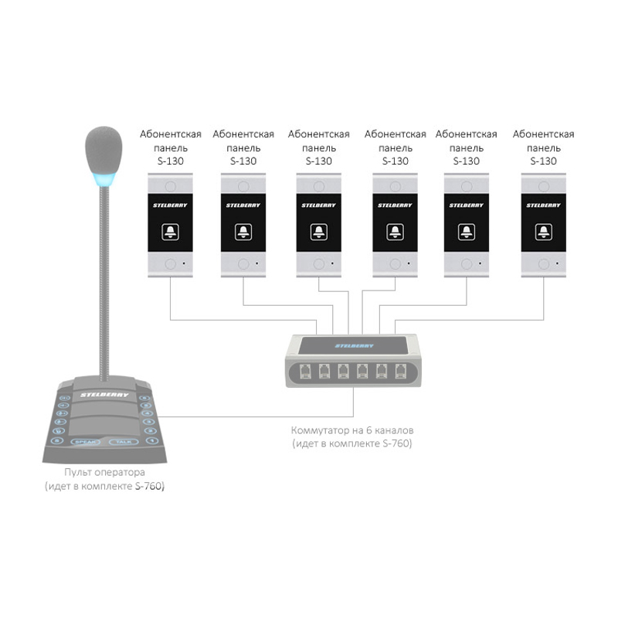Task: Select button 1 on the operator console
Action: tap(151, 440)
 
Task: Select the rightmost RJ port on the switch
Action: tap(400, 372)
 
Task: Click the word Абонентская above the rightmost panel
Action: tap(544, 134)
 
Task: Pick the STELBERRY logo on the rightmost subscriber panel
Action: tap(544, 205)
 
